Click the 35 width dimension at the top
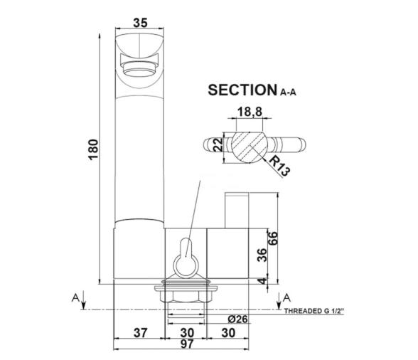(140, 23)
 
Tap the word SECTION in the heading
(240, 90)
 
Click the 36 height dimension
(262, 255)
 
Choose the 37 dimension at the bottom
(140, 333)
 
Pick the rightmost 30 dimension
(229, 333)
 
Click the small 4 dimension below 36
(262, 281)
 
